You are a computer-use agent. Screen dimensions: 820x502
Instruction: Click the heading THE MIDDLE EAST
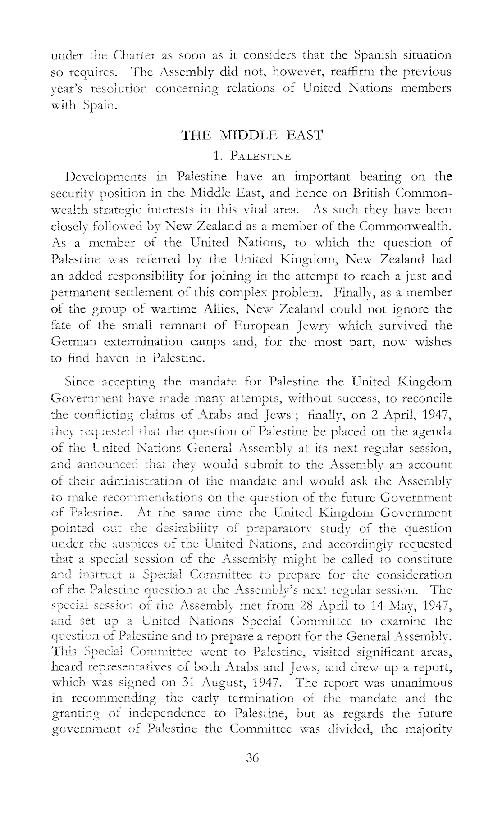pyautogui.click(x=251, y=135)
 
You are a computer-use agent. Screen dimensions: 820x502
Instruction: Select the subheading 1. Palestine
pyautogui.click(x=252, y=157)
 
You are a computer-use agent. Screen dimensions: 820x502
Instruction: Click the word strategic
pyautogui.click(x=118, y=210)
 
